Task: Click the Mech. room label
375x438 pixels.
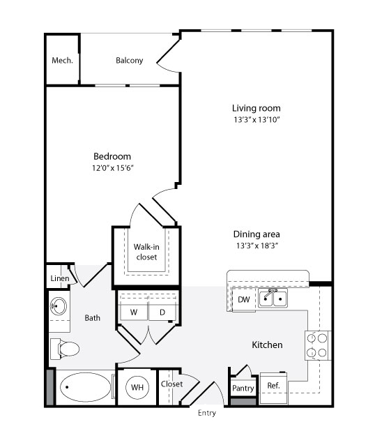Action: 62,61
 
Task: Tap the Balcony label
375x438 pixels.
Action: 129,61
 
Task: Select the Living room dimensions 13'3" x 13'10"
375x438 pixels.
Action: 257,120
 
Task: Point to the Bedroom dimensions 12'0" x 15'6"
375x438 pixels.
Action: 113,168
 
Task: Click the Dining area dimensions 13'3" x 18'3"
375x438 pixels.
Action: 257,246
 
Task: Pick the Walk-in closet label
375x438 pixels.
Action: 146,252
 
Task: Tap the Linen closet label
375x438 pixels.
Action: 60,278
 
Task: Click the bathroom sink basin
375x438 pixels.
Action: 59,306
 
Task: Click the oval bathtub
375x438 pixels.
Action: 86,387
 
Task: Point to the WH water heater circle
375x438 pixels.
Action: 137,388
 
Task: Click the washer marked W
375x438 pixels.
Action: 134,312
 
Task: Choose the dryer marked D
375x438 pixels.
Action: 162,312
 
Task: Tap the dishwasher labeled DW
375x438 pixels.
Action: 244,300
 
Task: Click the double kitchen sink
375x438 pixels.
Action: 273,299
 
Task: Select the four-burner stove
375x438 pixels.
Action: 317,345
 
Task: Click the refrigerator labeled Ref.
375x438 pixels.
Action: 273,388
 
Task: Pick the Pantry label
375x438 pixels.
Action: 243,388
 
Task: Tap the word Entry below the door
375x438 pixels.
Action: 207,413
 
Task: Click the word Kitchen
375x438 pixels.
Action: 267,345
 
